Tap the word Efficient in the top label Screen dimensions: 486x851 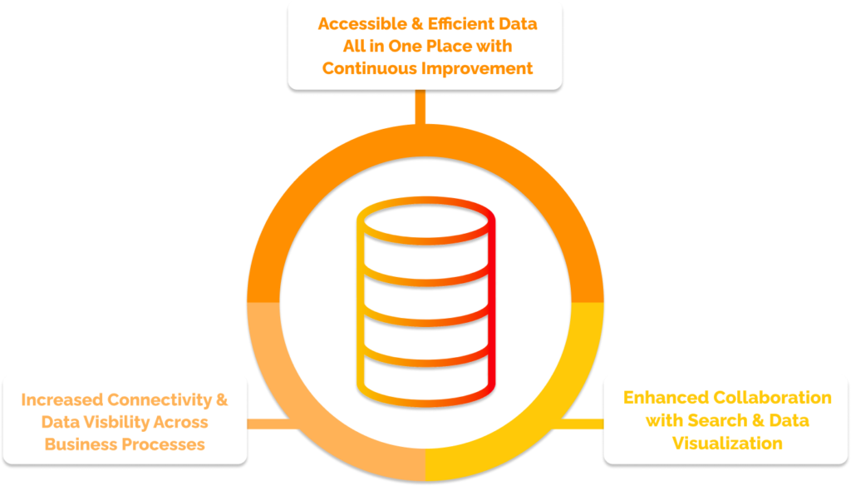pos(460,23)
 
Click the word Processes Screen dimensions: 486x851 pos(164,444)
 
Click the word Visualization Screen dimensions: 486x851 pos(727,443)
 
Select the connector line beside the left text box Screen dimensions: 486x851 pos(270,424)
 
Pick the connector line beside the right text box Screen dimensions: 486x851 pos(581,424)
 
